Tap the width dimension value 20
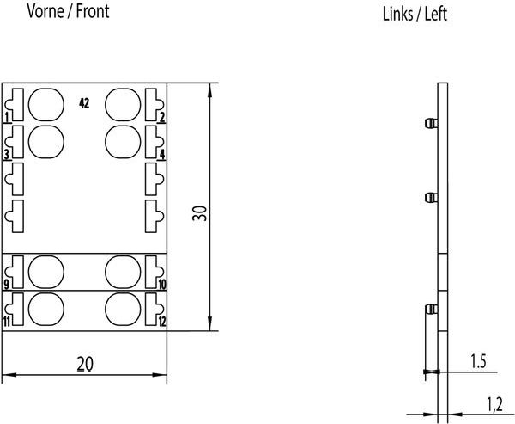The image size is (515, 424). click(x=83, y=364)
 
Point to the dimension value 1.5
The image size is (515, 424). click(x=479, y=363)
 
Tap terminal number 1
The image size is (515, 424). click(x=7, y=117)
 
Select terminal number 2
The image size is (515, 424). click(x=162, y=117)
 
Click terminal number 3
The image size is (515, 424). click(x=7, y=155)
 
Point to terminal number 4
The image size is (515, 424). click(x=162, y=155)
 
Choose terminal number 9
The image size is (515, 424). click(x=7, y=284)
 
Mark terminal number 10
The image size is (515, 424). click(x=161, y=284)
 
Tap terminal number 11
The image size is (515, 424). click(x=7, y=322)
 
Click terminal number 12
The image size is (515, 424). click(x=161, y=322)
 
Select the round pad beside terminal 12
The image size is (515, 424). click(x=123, y=308)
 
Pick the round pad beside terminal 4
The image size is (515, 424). click(x=123, y=140)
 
